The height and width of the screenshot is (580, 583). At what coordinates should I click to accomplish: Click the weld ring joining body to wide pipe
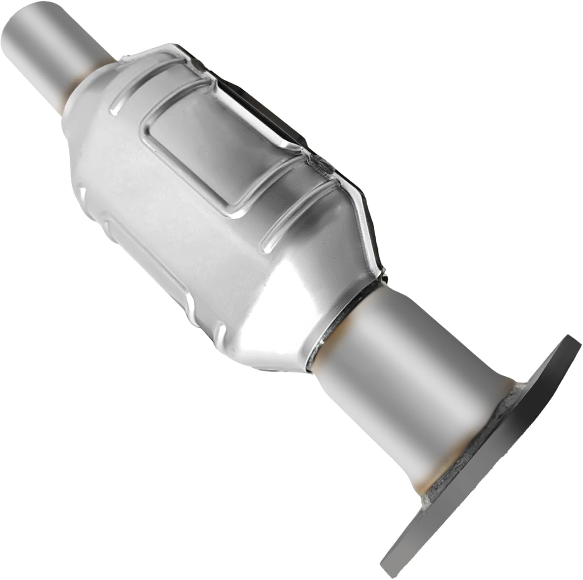[x=334, y=323]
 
